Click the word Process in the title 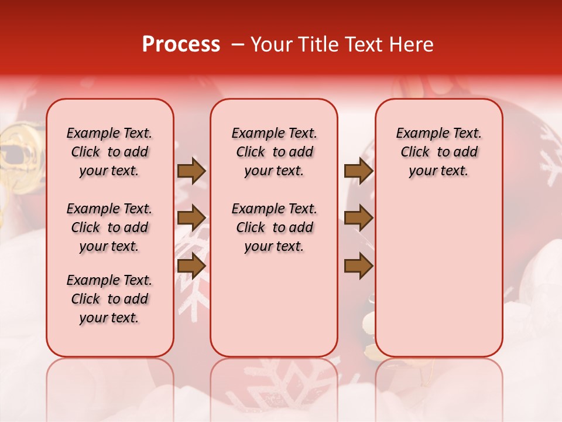181,45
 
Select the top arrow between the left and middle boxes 191,171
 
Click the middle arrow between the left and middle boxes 191,218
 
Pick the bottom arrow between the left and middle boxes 191,266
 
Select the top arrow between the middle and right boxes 358,171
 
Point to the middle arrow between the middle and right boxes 358,218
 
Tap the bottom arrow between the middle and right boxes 358,266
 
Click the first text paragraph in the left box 109,152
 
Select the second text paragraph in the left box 109,227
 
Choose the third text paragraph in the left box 109,299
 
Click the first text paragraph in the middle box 274,152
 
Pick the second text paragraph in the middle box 274,227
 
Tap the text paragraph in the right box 439,152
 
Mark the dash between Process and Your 238,45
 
